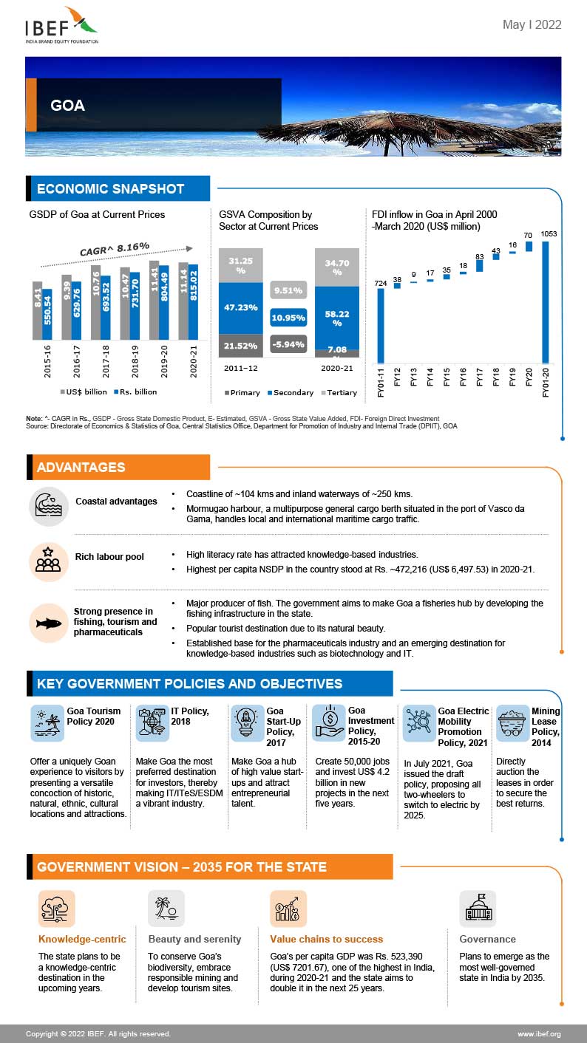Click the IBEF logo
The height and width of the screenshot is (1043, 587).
tap(61, 26)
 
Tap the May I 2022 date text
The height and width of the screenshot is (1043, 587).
tap(532, 25)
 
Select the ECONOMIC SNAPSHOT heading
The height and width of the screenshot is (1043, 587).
tap(110, 188)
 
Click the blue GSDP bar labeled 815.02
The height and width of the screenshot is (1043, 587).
tap(193, 301)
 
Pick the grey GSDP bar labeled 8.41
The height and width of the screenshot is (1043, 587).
tap(37, 310)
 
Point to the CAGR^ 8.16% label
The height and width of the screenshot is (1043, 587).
tap(115, 248)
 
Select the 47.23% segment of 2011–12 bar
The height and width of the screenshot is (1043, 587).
tap(240, 308)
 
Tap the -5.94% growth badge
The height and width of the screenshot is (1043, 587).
tap(288, 343)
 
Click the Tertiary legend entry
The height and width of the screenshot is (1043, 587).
tap(338, 392)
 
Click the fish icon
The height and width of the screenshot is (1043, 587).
tap(48, 623)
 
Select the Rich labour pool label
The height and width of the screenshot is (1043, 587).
tap(109, 556)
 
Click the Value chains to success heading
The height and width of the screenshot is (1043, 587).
tap(326, 939)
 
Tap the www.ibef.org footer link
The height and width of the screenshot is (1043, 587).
tap(539, 1033)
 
